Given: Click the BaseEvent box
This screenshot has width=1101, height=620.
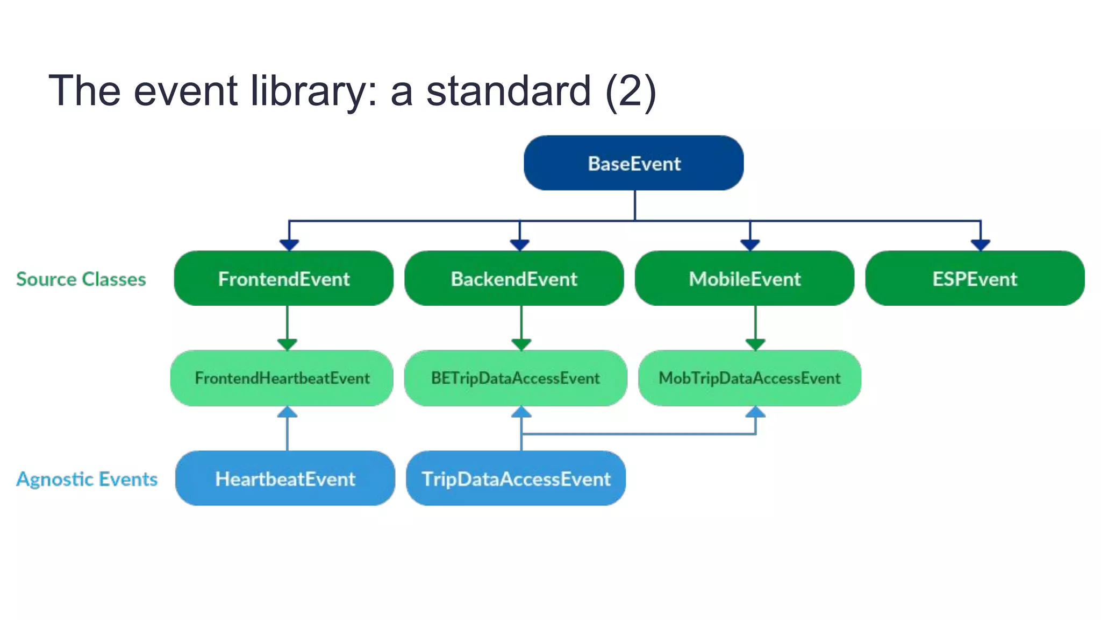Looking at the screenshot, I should click(633, 163).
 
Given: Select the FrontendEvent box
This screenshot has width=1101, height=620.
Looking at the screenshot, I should click(283, 279).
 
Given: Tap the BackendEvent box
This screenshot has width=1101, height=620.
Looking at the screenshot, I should click(514, 279).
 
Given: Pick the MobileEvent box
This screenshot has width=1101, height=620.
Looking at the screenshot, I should click(745, 279).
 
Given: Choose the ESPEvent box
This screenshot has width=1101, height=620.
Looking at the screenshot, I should click(975, 279).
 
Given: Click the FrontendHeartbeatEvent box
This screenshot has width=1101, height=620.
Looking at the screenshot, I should click(282, 378).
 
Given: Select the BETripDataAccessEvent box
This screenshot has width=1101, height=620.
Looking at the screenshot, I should click(515, 378).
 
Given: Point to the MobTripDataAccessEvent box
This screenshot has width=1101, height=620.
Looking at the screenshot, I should click(749, 378).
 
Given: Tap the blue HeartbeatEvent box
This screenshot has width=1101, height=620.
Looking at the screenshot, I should click(285, 478).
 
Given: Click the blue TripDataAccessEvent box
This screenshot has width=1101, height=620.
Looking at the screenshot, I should click(516, 478).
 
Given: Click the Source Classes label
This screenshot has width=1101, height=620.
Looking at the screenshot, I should click(81, 279).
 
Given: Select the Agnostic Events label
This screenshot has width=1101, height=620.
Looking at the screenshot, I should click(87, 479).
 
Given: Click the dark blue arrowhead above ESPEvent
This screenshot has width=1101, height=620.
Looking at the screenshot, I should click(981, 245).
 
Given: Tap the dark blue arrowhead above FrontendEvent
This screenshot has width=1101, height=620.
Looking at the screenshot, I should click(289, 245).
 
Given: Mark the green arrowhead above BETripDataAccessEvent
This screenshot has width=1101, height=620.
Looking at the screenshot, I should click(521, 344).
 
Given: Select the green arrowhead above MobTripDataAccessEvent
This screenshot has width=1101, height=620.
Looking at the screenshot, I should click(755, 344).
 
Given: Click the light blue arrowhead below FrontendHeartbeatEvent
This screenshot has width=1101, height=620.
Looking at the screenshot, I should click(287, 412).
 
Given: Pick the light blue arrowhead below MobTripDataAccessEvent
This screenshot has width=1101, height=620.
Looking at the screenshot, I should click(755, 412).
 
